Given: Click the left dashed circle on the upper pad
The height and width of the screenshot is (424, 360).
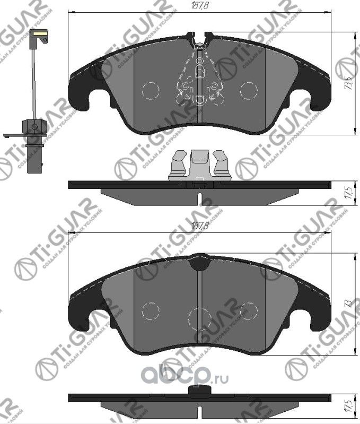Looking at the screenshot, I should pos(150,90).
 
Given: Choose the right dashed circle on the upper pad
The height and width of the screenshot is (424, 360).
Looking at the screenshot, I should pos(248,90).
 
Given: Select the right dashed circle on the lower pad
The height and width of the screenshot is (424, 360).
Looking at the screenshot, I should pos(248,310).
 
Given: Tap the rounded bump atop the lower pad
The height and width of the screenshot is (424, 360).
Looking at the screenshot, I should pos(199,262).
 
